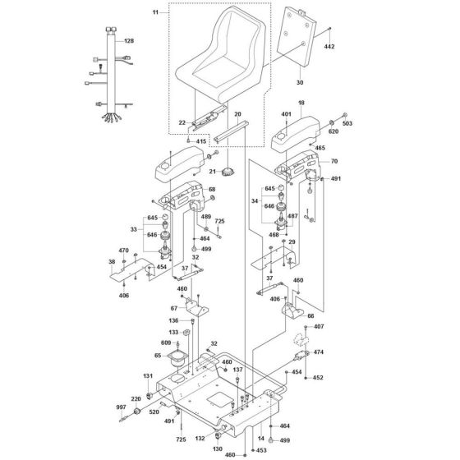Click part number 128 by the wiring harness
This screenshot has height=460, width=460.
(x=129, y=40)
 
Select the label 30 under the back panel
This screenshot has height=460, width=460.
(x=299, y=82)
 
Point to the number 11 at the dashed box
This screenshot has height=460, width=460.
(x=155, y=12)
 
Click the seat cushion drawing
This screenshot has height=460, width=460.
(x=232, y=58)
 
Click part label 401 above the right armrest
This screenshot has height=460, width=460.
(x=287, y=113)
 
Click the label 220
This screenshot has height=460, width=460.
(x=136, y=398)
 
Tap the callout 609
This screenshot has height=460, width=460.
(x=166, y=342)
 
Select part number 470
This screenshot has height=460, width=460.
(x=123, y=251)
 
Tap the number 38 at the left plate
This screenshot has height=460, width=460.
(x=113, y=262)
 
